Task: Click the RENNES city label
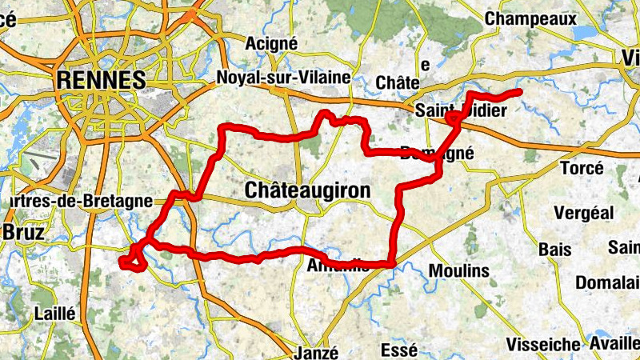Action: point(101,80)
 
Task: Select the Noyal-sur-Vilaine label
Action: point(283,78)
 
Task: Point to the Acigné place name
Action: point(273,42)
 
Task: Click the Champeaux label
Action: point(542,17)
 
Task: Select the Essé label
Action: point(398,350)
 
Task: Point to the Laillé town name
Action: point(54,314)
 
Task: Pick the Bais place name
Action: point(555,250)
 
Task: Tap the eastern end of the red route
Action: point(520,93)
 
